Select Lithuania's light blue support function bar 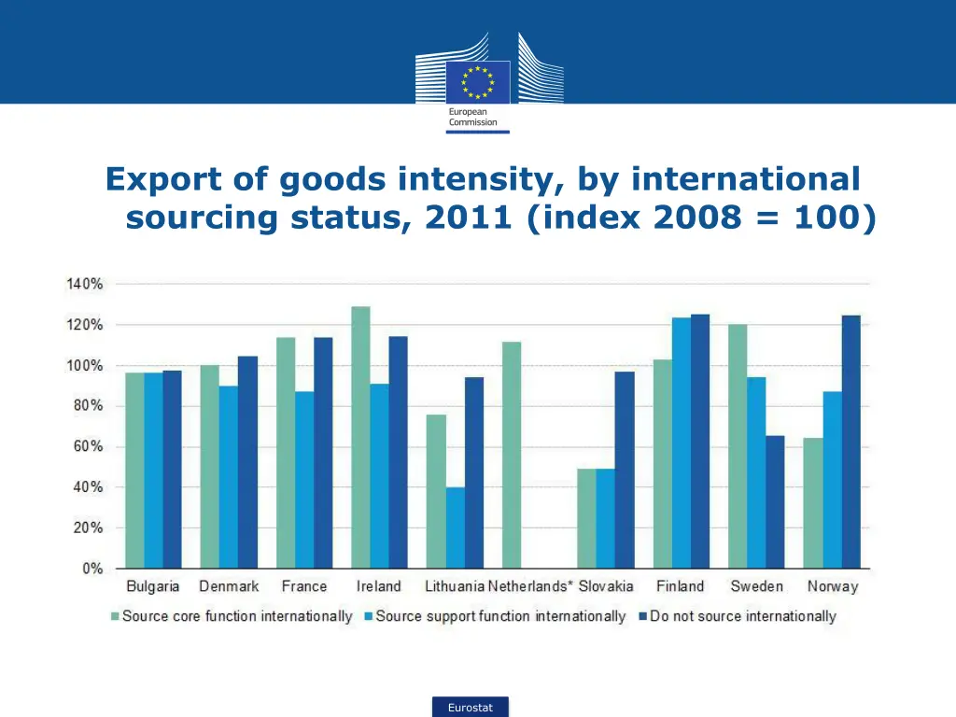(455, 527)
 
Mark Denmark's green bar (210, 466)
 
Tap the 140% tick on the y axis (84, 284)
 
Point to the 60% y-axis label (87, 446)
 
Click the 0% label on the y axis (91, 568)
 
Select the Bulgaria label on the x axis (153, 586)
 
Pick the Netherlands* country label (530, 586)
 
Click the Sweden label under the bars (756, 586)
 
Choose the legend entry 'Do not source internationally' (743, 616)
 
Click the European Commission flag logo (478, 82)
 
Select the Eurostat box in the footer (471, 708)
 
